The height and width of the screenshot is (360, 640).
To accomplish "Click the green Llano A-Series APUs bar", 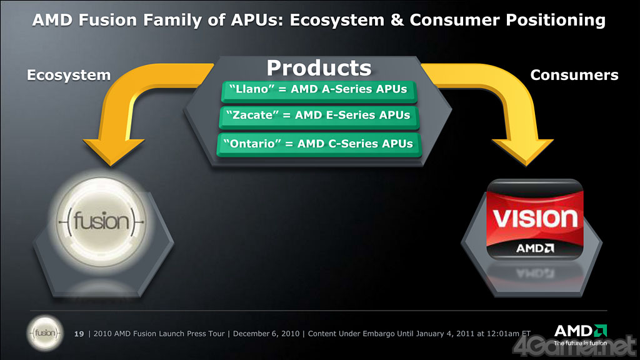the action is (x=319, y=91).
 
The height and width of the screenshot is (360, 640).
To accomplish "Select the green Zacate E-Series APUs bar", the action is (x=319, y=117).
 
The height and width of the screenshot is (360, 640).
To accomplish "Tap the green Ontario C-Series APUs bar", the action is (x=319, y=145).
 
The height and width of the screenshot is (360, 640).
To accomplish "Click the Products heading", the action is (x=319, y=67).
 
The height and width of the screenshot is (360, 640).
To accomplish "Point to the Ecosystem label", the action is (x=69, y=75).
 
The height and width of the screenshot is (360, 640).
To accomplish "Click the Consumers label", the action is (x=574, y=75).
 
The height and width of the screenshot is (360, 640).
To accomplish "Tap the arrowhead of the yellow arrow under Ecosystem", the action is (x=112, y=152).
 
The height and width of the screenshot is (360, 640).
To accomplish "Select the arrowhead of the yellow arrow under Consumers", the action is (x=524, y=152).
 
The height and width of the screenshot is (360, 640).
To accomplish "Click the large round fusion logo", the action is (x=101, y=222).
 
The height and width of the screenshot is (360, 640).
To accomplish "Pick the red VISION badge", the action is (x=535, y=219).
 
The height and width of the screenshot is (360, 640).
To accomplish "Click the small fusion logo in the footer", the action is (x=45, y=334).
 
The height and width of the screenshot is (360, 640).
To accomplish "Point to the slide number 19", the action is (x=79, y=334).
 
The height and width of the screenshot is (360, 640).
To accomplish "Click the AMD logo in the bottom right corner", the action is (x=581, y=335).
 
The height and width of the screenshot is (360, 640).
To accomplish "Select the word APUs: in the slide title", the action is (x=257, y=20).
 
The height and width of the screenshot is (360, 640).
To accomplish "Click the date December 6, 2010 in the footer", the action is (x=266, y=334).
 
